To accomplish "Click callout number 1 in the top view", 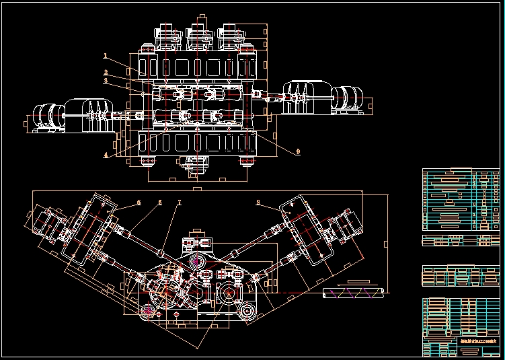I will pos(106,55).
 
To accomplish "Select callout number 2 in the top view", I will pos(106,71).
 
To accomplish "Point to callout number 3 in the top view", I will pos(106,80).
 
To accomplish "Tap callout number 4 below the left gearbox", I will pos(106,154).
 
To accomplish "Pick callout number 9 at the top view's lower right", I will pos(297,151).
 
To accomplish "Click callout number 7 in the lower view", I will pos(180,202).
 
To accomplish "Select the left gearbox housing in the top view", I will pos(85,114).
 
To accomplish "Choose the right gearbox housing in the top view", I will pos(307,94).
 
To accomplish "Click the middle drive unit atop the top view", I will pos(199,37).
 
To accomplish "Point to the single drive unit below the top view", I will pos(196,164).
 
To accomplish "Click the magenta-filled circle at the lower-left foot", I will pos(149,310).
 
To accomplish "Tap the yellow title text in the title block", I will pos(477,343).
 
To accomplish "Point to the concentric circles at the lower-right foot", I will pos(247,311).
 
